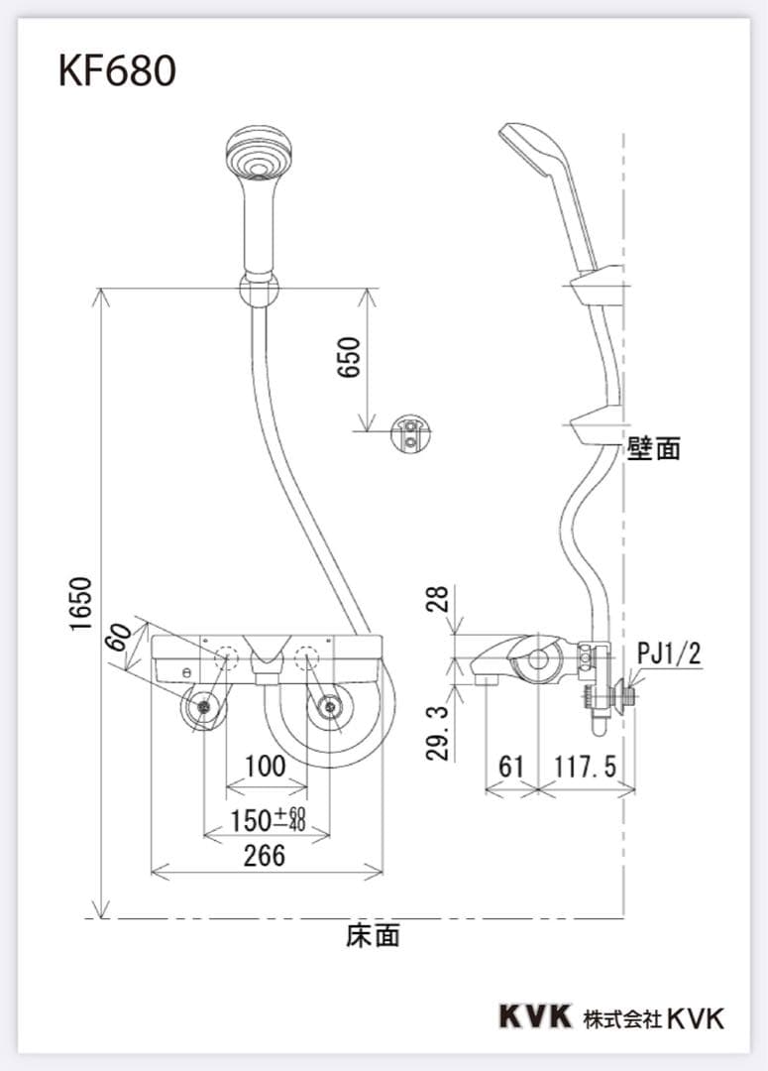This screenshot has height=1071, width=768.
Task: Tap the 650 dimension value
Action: pos(348,357)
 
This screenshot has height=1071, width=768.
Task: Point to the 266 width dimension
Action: pos(266,855)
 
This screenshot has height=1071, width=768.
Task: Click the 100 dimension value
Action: pos(265,767)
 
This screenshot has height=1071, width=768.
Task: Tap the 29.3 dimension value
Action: pos(438,733)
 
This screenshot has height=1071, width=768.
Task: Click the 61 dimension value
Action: pos(510,767)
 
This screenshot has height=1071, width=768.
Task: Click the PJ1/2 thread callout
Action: pos(668,653)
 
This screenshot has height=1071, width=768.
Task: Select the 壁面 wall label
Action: pos(654,449)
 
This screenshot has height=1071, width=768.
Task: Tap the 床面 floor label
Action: pos(374,936)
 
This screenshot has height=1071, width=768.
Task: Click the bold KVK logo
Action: pos(535,1016)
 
